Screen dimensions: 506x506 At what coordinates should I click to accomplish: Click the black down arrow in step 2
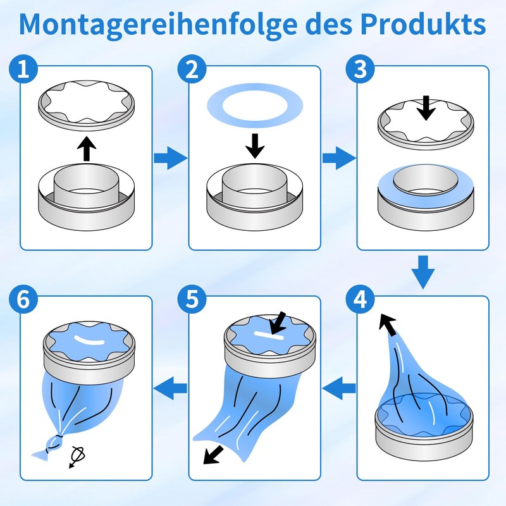(254, 145)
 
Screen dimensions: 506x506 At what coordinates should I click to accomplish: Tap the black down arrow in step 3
(427, 108)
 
